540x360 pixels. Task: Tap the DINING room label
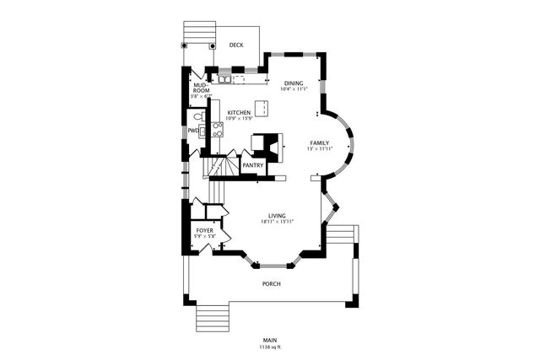point(293,83)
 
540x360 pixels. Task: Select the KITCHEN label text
point(239,112)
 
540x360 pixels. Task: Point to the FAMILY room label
point(319,142)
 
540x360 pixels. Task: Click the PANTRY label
point(253,165)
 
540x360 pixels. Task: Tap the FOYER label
point(204,229)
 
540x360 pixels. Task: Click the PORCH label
point(271,283)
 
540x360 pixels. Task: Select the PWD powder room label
point(192,131)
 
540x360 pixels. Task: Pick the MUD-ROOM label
point(201,88)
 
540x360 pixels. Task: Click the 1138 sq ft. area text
point(271,347)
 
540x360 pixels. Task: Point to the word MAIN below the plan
point(271,341)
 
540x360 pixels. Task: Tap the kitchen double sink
point(225,81)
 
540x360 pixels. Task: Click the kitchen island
point(262,108)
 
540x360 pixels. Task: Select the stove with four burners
point(217,129)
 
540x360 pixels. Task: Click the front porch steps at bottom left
point(213,319)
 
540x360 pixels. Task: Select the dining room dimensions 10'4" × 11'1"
point(293,89)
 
